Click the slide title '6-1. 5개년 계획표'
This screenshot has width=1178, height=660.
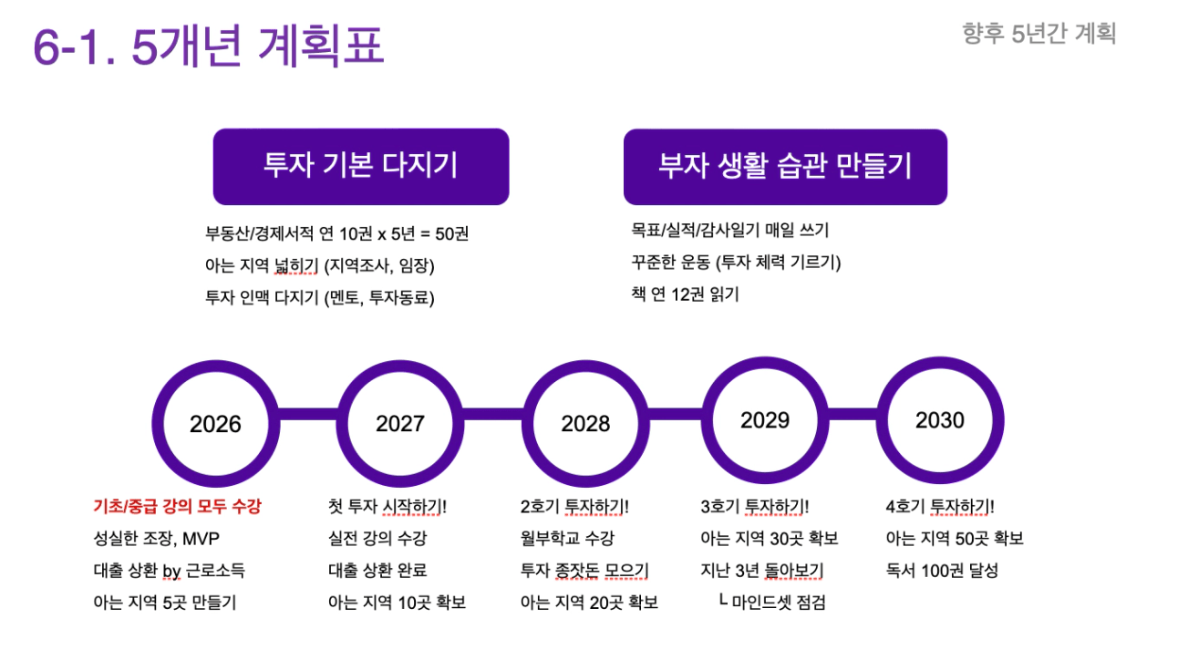coord(208,46)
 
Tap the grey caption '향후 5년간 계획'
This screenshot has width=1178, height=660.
coord(1039,34)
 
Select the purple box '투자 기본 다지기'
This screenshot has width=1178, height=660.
coord(361,167)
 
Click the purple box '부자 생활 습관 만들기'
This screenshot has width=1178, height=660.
coord(785,167)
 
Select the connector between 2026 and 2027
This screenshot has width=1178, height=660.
coord(308,414)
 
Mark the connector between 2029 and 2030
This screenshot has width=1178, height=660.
coord(852,414)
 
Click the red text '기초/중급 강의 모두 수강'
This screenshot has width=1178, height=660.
coord(177,507)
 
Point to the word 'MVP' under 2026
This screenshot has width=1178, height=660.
coord(201,539)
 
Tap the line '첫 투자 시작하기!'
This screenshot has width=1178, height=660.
coord(387,507)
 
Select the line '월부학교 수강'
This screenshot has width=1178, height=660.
coord(567,538)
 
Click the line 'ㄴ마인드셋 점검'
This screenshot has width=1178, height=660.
coord(772,603)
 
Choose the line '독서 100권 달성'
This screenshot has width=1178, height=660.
coord(942,570)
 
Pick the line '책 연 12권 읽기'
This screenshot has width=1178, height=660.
coord(685,294)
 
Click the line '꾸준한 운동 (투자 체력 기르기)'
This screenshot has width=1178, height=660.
coord(737,262)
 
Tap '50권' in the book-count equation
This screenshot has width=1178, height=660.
coord(451,233)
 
